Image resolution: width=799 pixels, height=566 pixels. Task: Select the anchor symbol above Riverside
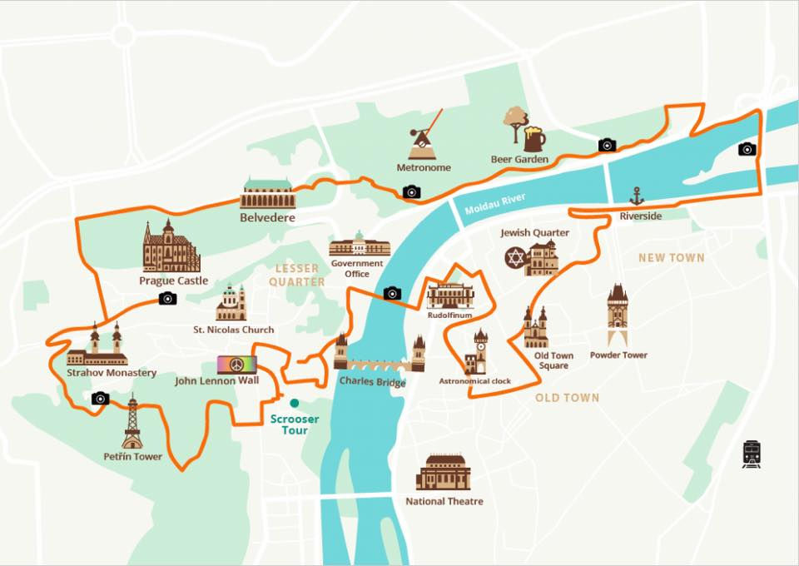pyautogui.click(x=637, y=196)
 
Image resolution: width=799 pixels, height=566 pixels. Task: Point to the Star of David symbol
pyautogui.click(x=515, y=259)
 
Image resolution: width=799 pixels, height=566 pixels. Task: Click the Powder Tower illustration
pyautogui.click(x=617, y=315)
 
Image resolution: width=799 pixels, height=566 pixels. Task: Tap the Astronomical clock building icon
pyautogui.click(x=477, y=351)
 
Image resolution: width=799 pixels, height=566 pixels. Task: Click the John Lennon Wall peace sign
pyautogui.click(x=236, y=365)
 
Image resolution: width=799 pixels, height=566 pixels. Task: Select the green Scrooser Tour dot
pyautogui.click(x=294, y=403)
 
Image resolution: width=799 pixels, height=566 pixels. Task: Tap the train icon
pyautogui.click(x=751, y=454)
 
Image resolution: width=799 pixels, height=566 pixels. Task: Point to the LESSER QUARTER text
pyautogui.click(x=296, y=275)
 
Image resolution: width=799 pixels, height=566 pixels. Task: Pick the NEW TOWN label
pyautogui.click(x=671, y=258)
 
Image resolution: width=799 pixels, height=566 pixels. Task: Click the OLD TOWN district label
pyautogui.click(x=567, y=398)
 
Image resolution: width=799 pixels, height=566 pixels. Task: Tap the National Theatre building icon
pyautogui.click(x=444, y=472)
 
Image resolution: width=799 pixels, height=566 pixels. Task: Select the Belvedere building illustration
pyautogui.click(x=268, y=194)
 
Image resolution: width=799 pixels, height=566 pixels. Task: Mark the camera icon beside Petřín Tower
pyautogui.click(x=101, y=399)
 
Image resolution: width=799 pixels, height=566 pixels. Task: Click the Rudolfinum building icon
pyautogui.click(x=450, y=295)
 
